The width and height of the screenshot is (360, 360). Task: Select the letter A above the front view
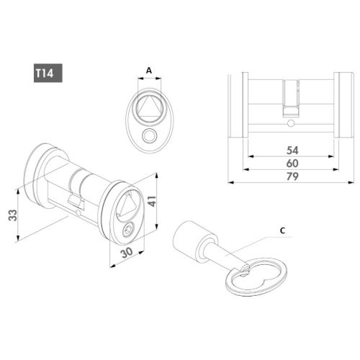pyautogui.click(x=148, y=70)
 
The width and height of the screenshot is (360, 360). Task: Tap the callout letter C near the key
pyautogui.click(x=282, y=230)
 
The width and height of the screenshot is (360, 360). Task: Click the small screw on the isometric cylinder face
pyautogui.click(x=127, y=230)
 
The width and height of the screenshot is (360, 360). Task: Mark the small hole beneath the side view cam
pyautogui.click(x=289, y=124)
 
